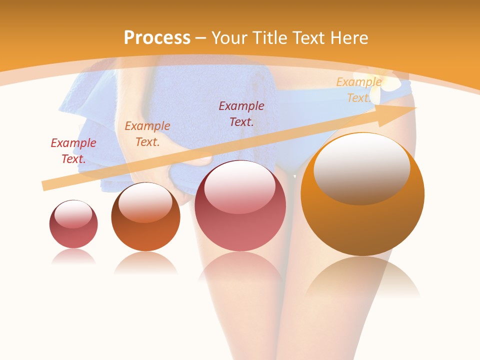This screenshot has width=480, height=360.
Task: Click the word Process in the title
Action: click(157, 38)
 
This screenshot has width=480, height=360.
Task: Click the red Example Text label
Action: click(73, 151)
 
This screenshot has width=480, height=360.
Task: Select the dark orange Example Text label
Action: click(147, 134)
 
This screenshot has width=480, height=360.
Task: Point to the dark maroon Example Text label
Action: click(241, 114)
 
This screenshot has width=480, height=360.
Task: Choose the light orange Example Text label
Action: click(358, 90)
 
